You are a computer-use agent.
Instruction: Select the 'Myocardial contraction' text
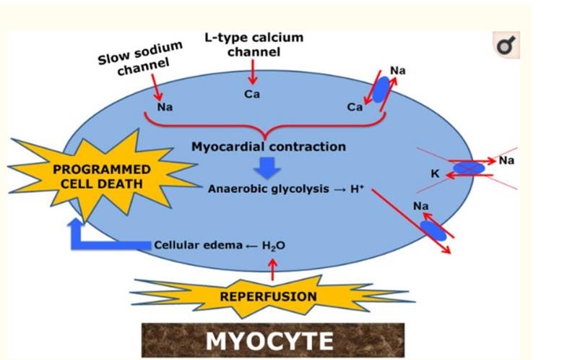[x=268, y=147]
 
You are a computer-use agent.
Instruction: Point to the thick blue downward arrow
[x=268, y=168]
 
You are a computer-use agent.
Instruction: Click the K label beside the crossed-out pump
[x=435, y=173]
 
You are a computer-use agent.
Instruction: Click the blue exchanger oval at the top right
[x=380, y=89]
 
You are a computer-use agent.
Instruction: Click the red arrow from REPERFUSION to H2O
[x=272, y=269]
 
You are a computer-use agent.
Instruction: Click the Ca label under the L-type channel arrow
[x=252, y=94]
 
